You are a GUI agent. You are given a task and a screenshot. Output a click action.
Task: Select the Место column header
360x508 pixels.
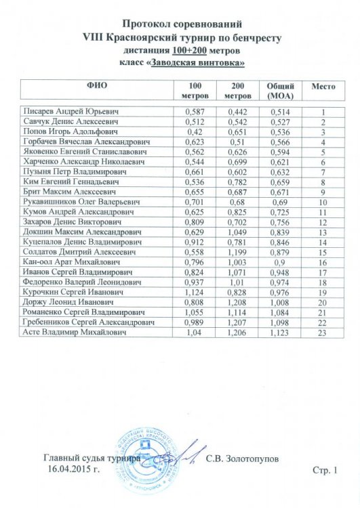[x=324, y=87]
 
